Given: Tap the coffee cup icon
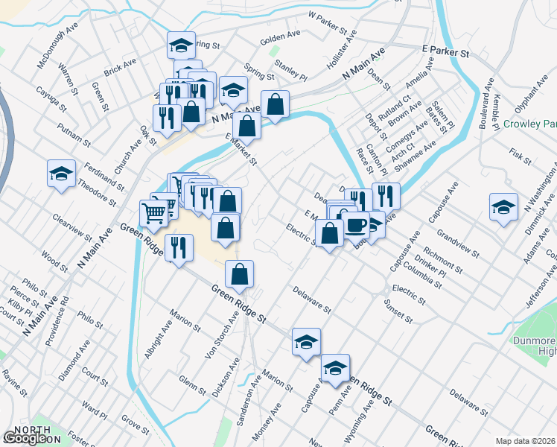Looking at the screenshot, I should pyautogui.click(x=355, y=224).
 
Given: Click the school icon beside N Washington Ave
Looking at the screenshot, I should pyautogui.click(x=504, y=207).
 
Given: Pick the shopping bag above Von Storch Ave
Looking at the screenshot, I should pyautogui.click(x=239, y=274).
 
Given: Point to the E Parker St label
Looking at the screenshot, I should pyautogui.click(x=445, y=53).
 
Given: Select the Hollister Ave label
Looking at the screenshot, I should pyautogui.click(x=342, y=51).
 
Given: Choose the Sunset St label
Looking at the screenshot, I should pyautogui.click(x=399, y=308).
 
